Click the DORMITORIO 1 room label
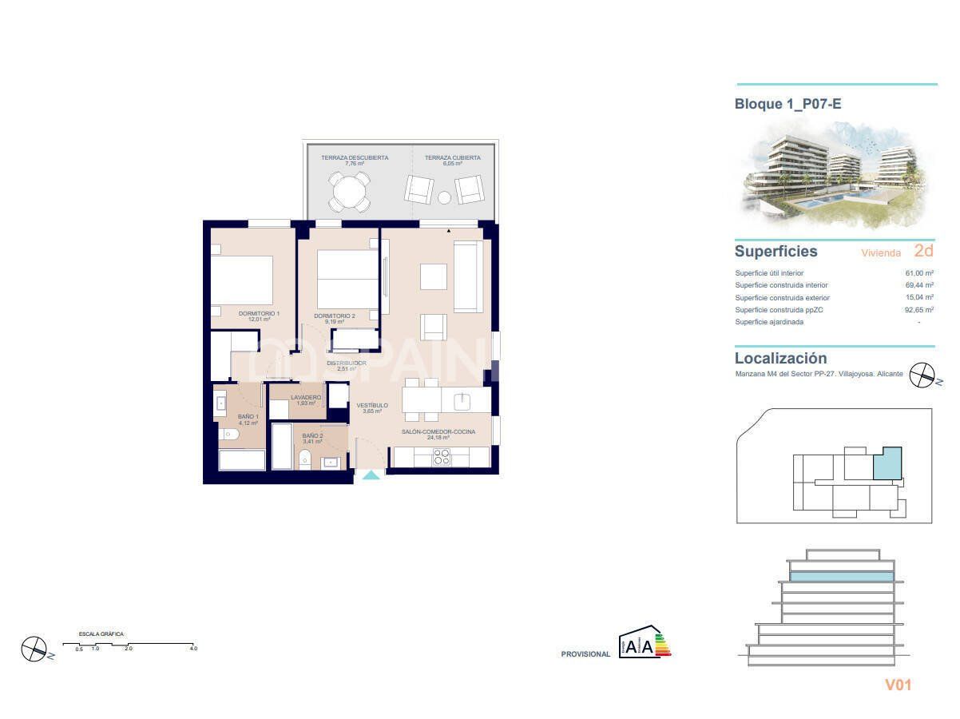tap(259, 313)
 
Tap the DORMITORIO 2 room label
tap(334, 316)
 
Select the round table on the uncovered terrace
tap(349, 192)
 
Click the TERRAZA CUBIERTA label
tap(452, 158)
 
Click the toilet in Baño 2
tap(304, 459)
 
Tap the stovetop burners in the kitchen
tap(442, 457)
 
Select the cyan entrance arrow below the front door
tap(371, 475)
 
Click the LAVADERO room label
tap(306, 398)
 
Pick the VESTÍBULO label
tap(372, 406)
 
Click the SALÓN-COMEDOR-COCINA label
tap(438, 432)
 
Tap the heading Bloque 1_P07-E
tap(787, 104)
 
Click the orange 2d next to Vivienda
tap(923, 251)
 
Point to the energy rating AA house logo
tap(644, 642)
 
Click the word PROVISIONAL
tap(585, 654)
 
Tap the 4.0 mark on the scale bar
tap(193, 649)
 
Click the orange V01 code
tap(898, 685)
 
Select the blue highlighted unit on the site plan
tap(887, 463)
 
